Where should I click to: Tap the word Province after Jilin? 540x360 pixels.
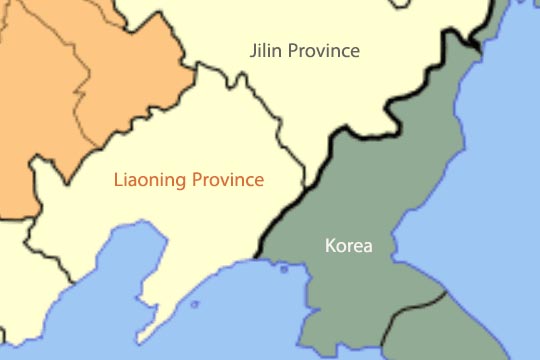point(322,51)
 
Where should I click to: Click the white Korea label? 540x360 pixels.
point(348,245)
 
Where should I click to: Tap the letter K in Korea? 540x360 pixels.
point(330,245)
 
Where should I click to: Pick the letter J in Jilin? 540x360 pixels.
point(253,50)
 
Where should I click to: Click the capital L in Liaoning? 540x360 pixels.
point(118,181)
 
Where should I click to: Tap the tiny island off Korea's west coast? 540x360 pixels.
point(284,268)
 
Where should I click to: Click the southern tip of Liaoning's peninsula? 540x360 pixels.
point(147,336)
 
